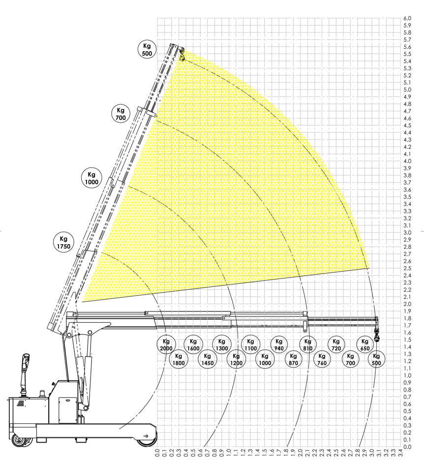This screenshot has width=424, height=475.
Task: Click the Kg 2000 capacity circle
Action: pos(166,345)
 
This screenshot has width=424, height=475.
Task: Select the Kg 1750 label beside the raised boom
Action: pos(63,243)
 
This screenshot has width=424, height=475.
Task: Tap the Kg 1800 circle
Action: pos(179,359)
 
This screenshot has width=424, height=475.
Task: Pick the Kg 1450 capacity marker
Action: pos(208,359)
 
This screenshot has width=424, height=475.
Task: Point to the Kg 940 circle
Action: pos(279,345)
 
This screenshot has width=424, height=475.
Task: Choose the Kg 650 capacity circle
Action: pos(365,345)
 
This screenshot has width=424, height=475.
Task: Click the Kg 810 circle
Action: pos(308,345)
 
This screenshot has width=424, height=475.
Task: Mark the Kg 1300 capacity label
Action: pos(222,345)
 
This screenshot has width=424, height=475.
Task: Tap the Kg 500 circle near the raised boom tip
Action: pos(147,50)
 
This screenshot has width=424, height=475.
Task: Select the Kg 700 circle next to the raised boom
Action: pos(121,114)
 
